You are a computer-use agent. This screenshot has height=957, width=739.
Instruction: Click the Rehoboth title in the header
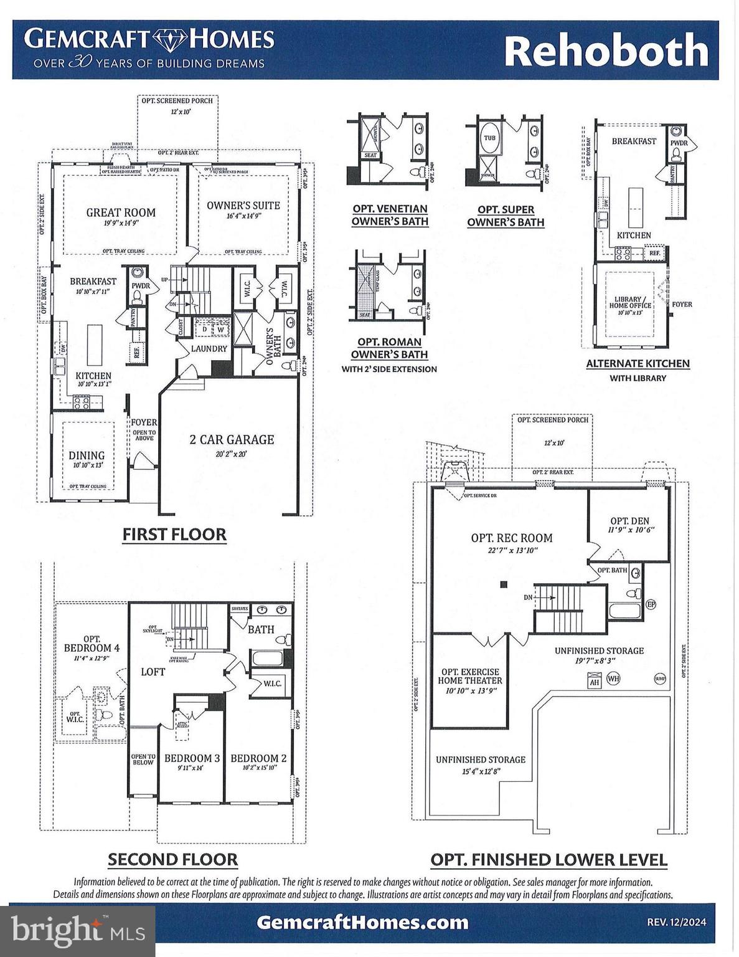point(606,52)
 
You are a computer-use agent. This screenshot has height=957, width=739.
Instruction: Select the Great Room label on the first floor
point(121,212)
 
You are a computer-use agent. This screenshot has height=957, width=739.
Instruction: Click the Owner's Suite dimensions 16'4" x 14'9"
point(243,216)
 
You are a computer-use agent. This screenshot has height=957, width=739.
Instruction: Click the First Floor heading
point(174,535)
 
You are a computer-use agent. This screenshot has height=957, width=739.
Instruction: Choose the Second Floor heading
point(172,860)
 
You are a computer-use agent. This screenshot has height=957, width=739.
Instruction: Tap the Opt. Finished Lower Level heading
point(548,860)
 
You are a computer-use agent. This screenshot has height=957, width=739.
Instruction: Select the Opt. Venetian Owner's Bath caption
point(390,215)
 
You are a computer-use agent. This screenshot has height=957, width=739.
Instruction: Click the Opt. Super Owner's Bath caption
point(506,216)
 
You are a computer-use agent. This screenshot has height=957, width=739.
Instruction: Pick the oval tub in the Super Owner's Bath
point(490,138)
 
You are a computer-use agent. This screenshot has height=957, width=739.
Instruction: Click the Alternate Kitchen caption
point(638,363)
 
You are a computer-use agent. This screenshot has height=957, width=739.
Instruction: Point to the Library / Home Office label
point(629,302)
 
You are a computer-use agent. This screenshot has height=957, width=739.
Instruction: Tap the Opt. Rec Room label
point(511,538)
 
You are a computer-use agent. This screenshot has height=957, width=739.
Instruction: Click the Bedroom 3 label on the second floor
point(192,758)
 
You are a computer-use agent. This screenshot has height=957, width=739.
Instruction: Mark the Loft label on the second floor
point(153,672)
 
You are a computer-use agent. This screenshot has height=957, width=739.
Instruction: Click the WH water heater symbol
point(613,678)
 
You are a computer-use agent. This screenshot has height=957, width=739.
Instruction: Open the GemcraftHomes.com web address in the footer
point(362,921)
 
